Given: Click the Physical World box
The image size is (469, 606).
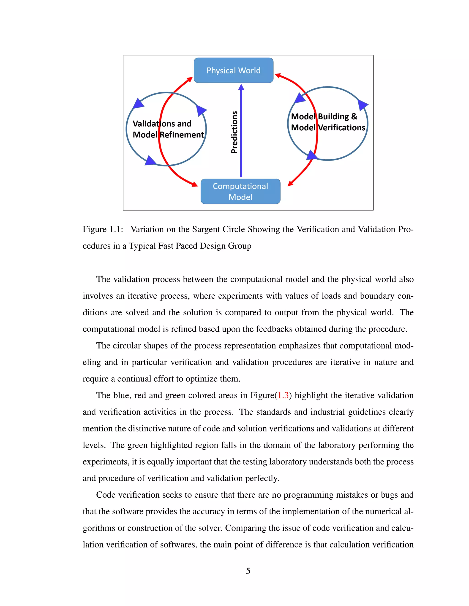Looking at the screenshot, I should coord(233,70).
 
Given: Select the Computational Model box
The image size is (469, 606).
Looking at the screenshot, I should coord(240,191).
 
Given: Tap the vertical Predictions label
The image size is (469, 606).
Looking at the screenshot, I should coord(234,132).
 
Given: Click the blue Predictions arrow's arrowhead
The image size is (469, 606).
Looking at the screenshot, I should coord(241,87).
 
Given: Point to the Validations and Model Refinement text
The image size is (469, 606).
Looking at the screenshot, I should coord(168,129).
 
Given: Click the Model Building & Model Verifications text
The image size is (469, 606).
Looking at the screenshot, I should coord(328,122).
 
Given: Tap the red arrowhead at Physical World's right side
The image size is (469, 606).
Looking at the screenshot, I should coord(278,75).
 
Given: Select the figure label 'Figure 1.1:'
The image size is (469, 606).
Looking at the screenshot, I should coord(103,229).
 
